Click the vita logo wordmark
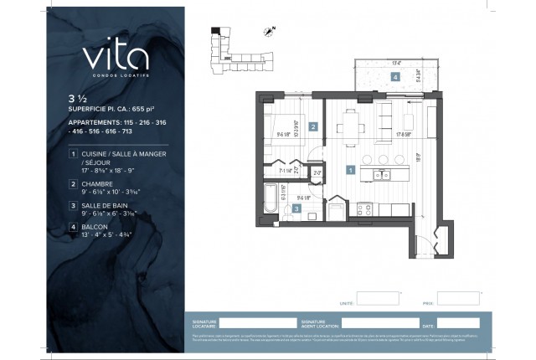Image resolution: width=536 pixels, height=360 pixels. pos(116,57)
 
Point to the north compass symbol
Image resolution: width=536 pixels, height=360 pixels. pos(269,33)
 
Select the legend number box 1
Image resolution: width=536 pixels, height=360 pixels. pos(74,155)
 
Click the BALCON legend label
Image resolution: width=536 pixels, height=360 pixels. pos(95,226)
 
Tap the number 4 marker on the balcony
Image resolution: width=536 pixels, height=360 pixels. pos(394,76)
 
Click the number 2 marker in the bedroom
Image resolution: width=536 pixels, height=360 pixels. pos(312,127)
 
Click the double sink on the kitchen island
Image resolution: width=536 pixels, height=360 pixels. pos(382,175)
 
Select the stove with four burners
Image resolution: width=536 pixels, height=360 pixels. pos(365,208)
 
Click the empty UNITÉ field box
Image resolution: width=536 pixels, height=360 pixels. pos(379,299)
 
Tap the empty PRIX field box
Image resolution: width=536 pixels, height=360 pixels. pos(458,299)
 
